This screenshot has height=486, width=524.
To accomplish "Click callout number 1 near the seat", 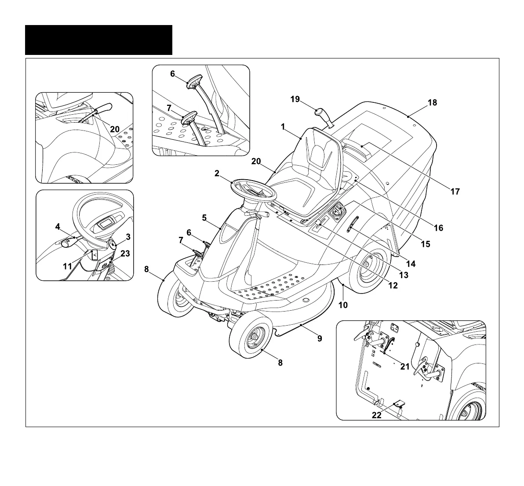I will pos(284,127).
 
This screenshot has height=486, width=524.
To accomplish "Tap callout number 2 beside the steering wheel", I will pos(217,173).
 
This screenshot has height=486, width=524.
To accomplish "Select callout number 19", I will pos(295,99).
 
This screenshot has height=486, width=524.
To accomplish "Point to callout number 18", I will pos(432,102).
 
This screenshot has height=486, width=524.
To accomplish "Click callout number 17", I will pos(455,191).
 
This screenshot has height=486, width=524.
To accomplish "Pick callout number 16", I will pos(438,228).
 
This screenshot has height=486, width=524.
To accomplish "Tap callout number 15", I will pos(426,244).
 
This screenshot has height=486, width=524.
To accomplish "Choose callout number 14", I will pos(411,264).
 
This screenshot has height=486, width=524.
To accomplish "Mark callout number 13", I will pos(403,275).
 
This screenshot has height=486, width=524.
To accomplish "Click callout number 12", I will pos(393,285).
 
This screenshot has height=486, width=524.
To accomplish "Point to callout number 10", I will pos(343,305).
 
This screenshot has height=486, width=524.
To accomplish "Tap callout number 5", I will pos(204,217).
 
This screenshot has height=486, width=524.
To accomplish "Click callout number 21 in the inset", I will pos(405,367).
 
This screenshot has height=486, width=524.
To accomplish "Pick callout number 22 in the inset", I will pos(377,416).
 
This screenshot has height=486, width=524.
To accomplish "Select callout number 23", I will pos(125,254).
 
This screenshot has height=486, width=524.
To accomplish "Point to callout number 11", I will pos(67,266).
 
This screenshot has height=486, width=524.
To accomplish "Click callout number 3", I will pos(128,237).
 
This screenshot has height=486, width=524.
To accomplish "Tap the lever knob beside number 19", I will pos(321,116).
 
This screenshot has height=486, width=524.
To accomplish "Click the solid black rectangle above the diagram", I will pos(98,40).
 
